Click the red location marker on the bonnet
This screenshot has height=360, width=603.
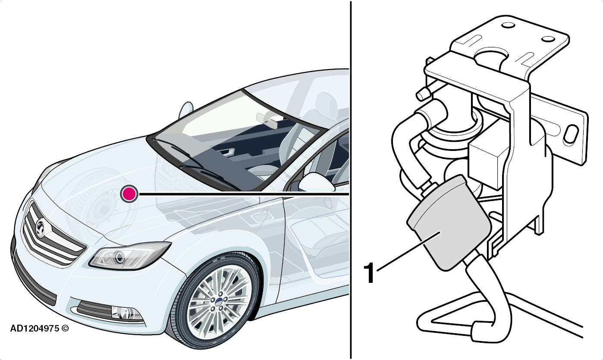(x=129, y=194)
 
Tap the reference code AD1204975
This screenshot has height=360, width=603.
(x=35, y=329)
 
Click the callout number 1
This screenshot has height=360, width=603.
(x=369, y=273)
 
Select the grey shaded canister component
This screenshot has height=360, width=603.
(x=449, y=222)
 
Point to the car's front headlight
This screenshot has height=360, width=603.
(x=130, y=256)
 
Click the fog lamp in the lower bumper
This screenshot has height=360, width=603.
(x=126, y=314)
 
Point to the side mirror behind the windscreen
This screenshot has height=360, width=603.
(x=186, y=110)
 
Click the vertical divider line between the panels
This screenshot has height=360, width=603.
(x=351, y=180)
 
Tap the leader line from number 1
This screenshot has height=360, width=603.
(x=408, y=251)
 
